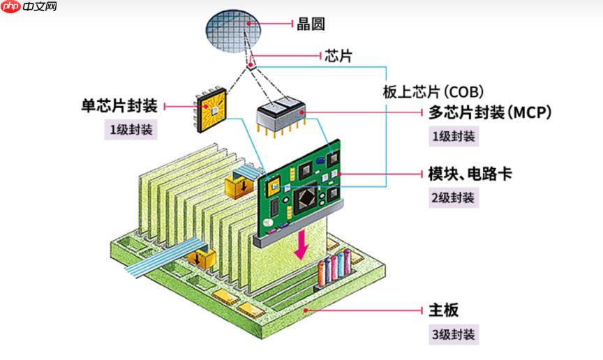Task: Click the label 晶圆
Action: click(311, 24)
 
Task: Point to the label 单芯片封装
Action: click(119, 106)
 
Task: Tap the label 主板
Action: click(443, 310)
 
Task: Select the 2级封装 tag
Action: click(453, 197)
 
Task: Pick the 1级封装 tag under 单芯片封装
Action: click(131, 130)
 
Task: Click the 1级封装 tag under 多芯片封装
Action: click(453, 136)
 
